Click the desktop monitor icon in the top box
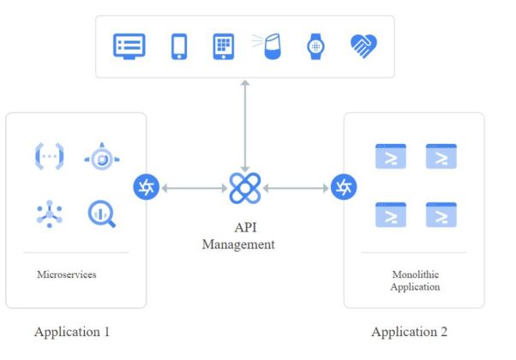pyautogui.click(x=129, y=46)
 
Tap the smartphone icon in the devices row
pyautogui.click(x=179, y=46)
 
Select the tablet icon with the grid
pyautogui.click(x=223, y=46)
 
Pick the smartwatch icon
pyautogui.click(x=315, y=46)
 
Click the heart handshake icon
pyautogui.click(x=363, y=46)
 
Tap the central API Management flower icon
pyautogui.click(x=245, y=188)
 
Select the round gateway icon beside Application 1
pyautogui.click(x=146, y=187)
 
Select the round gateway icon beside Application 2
pyautogui.click(x=344, y=187)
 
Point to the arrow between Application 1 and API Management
pyautogui.click(x=195, y=188)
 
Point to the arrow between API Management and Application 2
pyautogui.click(x=296, y=188)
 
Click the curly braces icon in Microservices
pyautogui.click(x=49, y=157)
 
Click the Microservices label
pyautogui.click(x=66, y=275)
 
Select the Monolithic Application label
pyautogui.click(x=415, y=281)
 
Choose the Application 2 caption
pyautogui.click(x=409, y=332)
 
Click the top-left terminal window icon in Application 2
pyautogui.click(x=390, y=157)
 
